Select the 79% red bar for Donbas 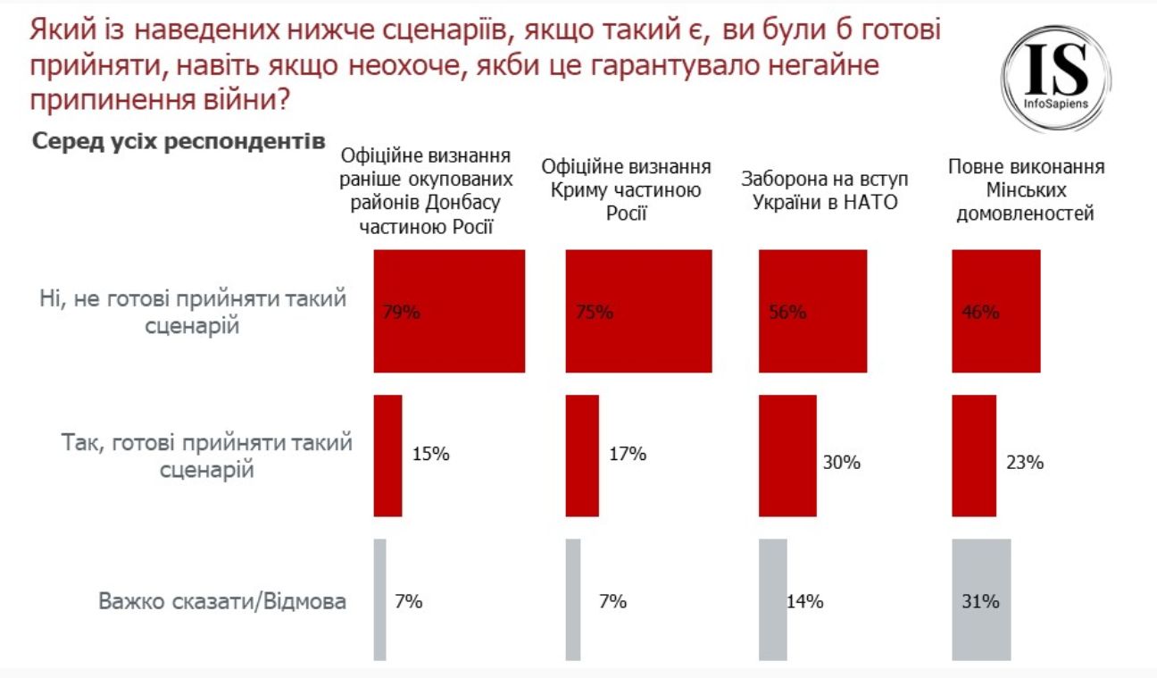click(x=449, y=311)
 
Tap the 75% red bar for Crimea click(x=639, y=311)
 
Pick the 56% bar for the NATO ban click(x=812, y=311)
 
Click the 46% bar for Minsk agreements click(x=996, y=311)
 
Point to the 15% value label click(x=430, y=454)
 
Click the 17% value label click(x=627, y=454)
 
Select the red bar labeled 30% click(x=787, y=456)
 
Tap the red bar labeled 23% click(x=974, y=456)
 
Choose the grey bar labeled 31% click(x=981, y=599)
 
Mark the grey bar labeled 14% click(x=772, y=599)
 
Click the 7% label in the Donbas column click(x=408, y=601)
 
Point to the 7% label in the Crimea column click(x=612, y=601)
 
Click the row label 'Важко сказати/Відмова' click(x=221, y=600)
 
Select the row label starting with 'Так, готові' click(x=207, y=455)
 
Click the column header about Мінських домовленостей click(x=1025, y=190)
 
